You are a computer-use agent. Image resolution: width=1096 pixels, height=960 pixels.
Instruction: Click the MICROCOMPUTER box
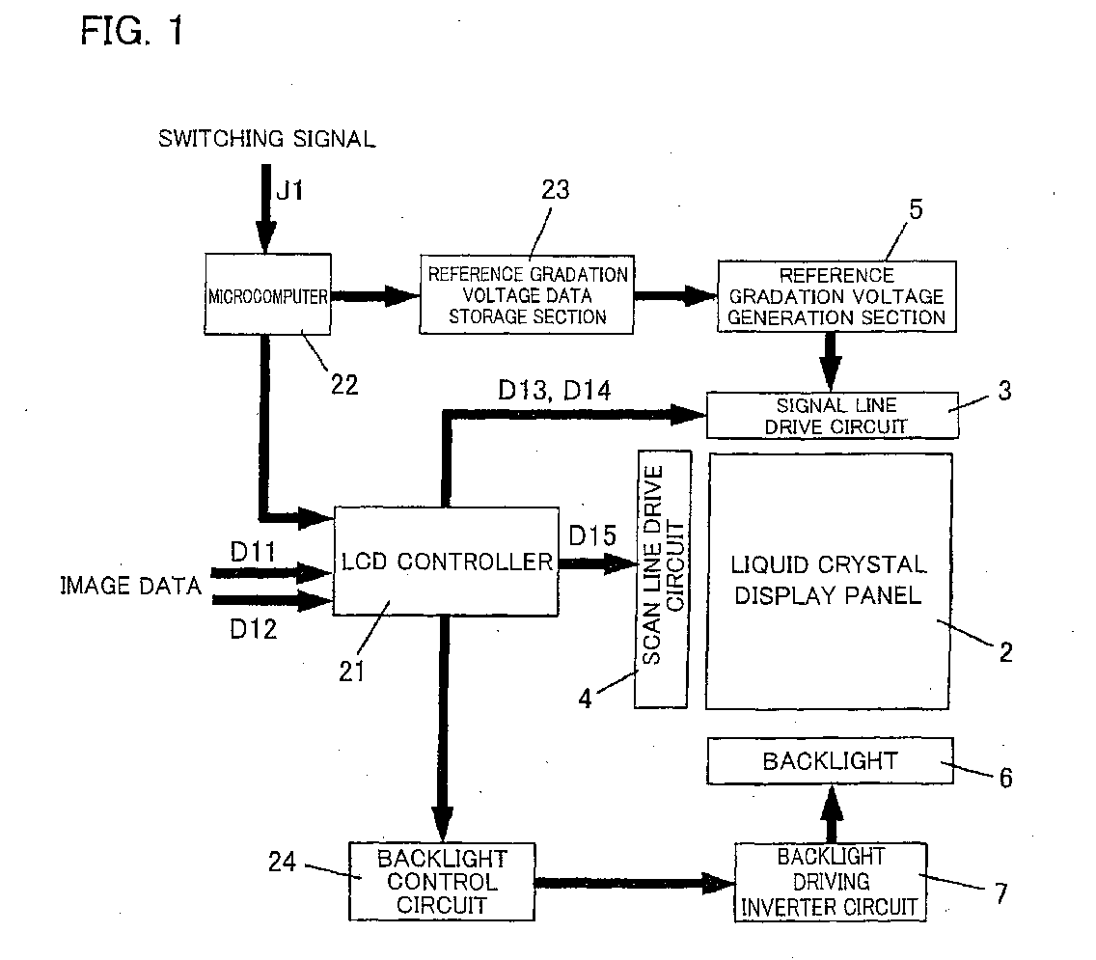[x=267, y=294]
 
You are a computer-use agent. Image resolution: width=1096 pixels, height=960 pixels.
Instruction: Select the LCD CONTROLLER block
[x=446, y=562]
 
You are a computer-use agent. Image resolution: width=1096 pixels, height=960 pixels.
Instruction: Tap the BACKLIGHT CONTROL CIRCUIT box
[x=442, y=882]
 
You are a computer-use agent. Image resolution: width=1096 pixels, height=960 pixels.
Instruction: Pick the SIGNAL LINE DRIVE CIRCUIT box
[x=833, y=415]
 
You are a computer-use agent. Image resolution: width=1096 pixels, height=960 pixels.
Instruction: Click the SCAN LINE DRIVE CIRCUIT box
[x=662, y=579]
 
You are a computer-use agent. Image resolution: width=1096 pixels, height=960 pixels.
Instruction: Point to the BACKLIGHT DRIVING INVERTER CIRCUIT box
[x=831, y=882]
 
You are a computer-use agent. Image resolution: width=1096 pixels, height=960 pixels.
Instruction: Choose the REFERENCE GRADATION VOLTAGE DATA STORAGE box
[x=527, y=294]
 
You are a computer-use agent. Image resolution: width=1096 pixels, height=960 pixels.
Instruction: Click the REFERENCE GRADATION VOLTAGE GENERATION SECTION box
[x=836, y=296]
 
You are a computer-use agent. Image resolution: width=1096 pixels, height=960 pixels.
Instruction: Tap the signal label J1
[x=289, y=190]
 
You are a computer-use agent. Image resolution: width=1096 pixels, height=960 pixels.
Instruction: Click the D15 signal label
[x=592, y=536]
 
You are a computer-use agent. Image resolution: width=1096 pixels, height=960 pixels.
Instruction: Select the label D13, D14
[x=555, y=390]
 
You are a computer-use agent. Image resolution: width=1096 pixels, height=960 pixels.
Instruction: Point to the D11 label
[x=253, y=552]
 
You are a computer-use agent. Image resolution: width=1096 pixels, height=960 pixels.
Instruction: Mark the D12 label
[x=253, y=629]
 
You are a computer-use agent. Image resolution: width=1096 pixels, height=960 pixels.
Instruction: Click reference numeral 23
[x=556, y=189]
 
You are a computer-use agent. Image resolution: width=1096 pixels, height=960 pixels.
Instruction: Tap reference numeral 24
[x=283, y=862]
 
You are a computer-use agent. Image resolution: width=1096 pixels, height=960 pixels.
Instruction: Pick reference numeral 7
[x=1001, y=893]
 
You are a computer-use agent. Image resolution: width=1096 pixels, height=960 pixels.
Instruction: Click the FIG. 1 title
[x=132, y=31]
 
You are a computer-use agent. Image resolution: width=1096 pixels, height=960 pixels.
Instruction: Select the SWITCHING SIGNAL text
[x=267, y=138]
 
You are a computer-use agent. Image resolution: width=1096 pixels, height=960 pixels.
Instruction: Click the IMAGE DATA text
[x=130, y=586]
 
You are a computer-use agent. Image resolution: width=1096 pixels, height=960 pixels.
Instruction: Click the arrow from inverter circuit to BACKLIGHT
[x=831, y=814]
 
